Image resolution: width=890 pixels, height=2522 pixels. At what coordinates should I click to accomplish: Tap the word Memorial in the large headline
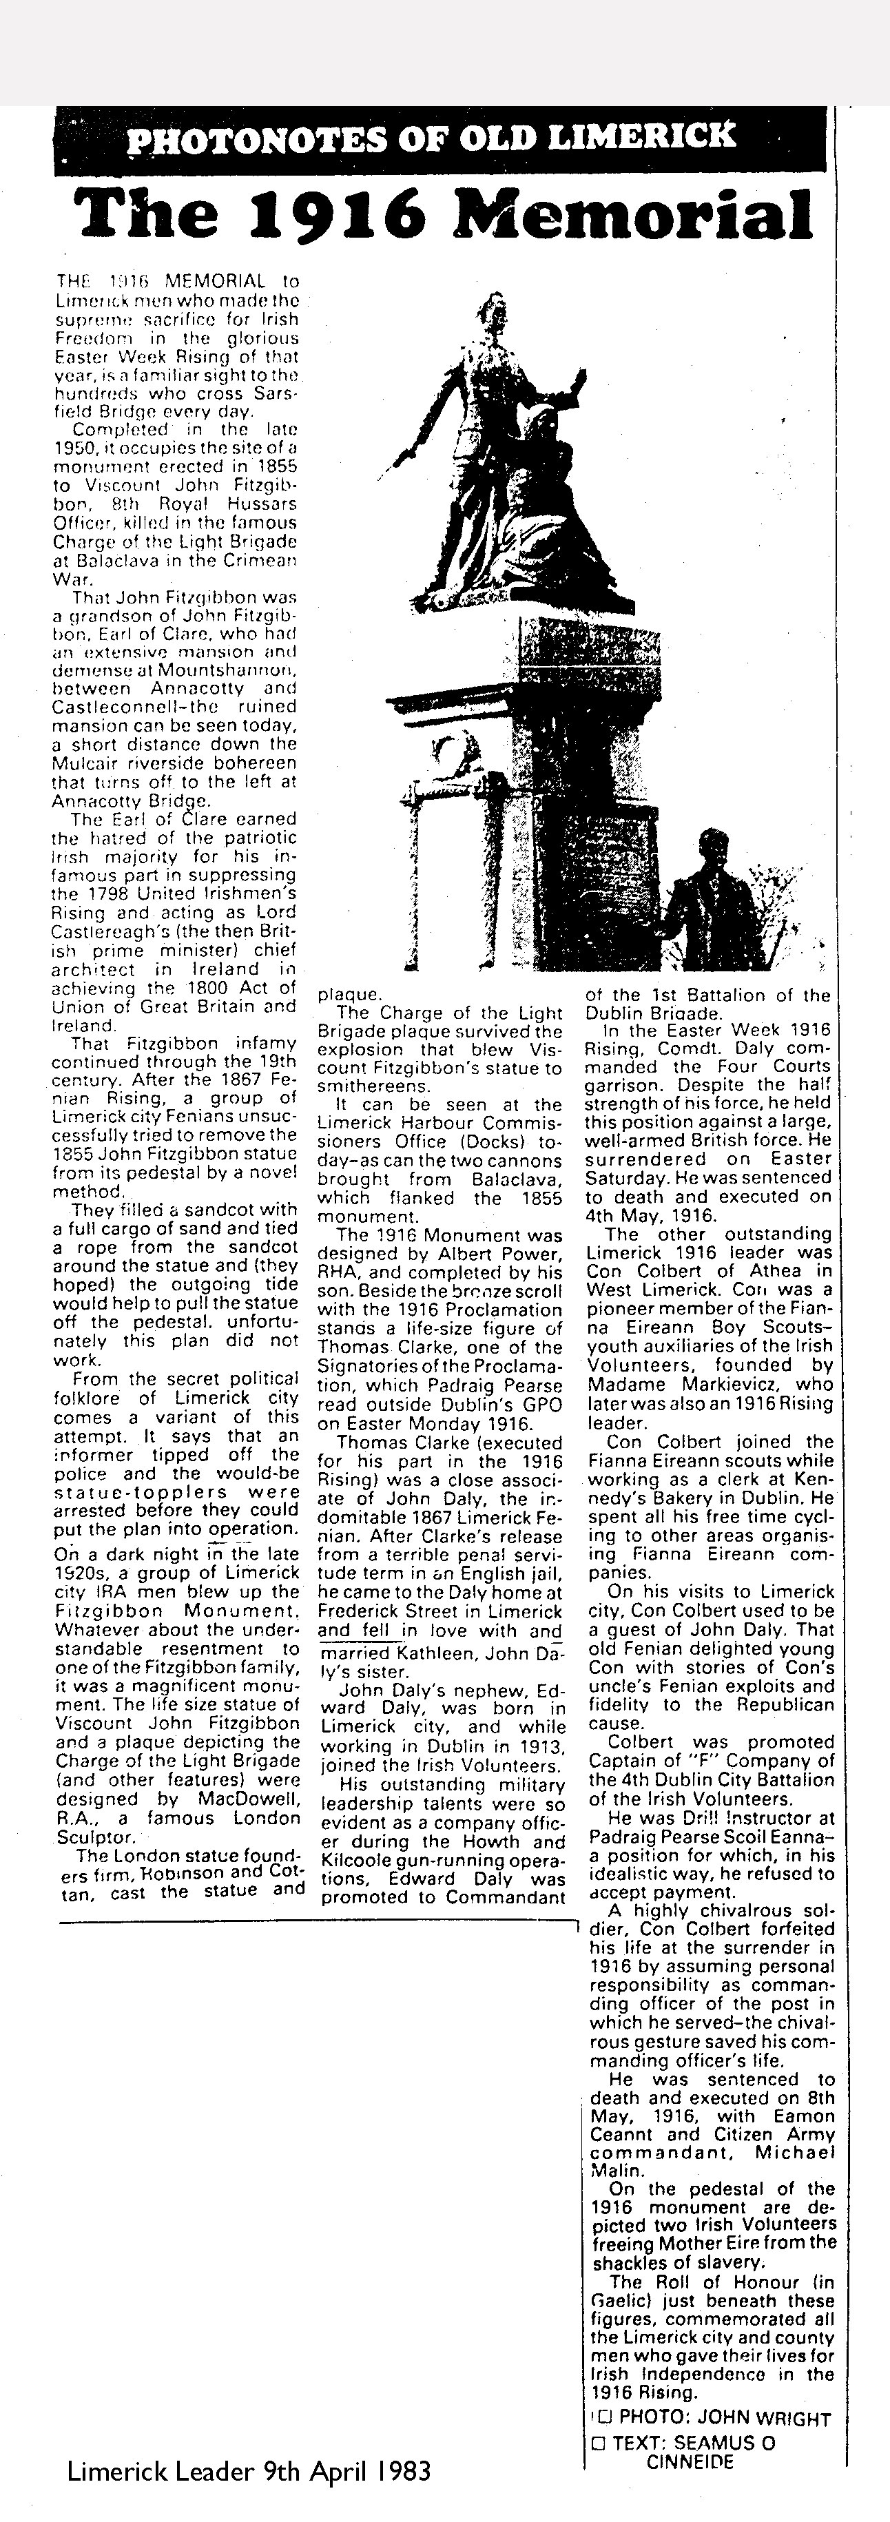click(641, 212)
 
